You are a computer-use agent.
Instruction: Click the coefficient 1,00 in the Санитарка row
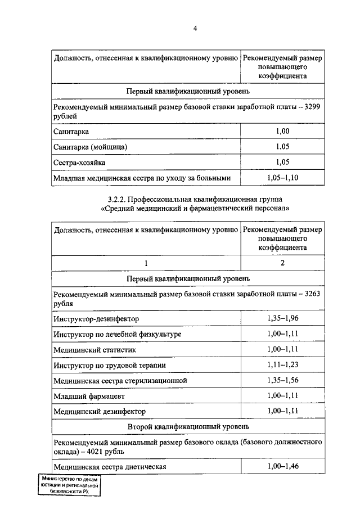pyautogui.click(x=282, y=131)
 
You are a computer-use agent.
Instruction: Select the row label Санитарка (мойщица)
pyautogui.click(x=91, y=147)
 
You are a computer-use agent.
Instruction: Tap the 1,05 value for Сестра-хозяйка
pyautogui.click(x=282, y=162)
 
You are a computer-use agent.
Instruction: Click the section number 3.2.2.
pyautogui.click(x=119, y=199)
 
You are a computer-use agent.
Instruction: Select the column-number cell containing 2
pyautogui.click(x=282, y=263)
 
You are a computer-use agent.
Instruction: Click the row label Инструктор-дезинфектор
pyautogui.click(x=96, y=319)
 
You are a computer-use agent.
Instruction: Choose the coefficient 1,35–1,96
pyautogui.click(x=282, y=319)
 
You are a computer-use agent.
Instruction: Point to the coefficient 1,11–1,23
pyautogui.click(x=282, y=365)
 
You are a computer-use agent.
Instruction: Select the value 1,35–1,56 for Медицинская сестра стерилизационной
pyautogui.click(x=282, y=381)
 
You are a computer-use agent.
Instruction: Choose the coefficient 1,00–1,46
pyautogui.click(x=282, y=467)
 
